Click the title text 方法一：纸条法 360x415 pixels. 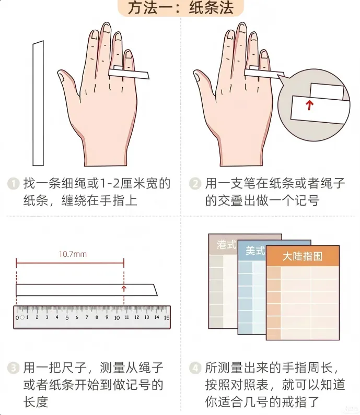pos(181,7)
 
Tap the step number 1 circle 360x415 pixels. pos(13,184)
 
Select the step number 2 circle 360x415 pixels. pos(195,184)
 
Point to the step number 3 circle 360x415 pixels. pos(13,368)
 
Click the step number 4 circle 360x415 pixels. pos(195,368)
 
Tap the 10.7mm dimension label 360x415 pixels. pos(73,254)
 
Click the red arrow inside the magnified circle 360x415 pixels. pos(309,105)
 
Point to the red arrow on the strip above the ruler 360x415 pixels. pos(124,289)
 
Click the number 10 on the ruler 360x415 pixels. pos(117,318)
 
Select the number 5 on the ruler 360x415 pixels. pos(67,318)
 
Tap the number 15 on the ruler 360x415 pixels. pos(167,317)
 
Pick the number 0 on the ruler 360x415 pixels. pos(17,318)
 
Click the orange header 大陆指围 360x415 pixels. pos(302,256)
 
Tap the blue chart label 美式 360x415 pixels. pos(255,251)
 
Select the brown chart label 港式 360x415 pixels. pos(226,244)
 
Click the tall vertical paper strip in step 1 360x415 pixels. pos(38,103)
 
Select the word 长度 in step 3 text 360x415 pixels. pos(36,402)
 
